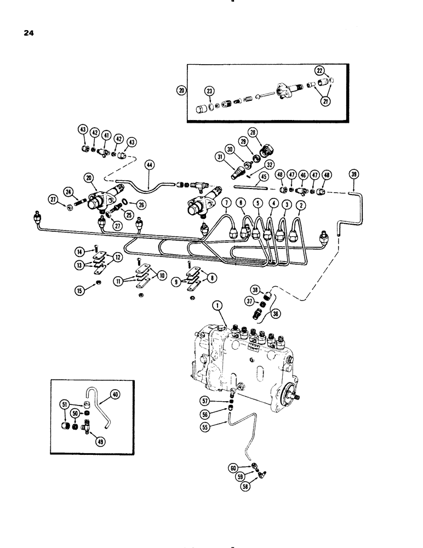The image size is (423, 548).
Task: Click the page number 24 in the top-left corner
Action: point(29,33)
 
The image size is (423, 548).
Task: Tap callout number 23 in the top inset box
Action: point(195,91)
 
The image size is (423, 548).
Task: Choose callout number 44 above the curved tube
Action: point(150,163)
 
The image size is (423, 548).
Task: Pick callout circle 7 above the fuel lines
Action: point(226,204)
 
